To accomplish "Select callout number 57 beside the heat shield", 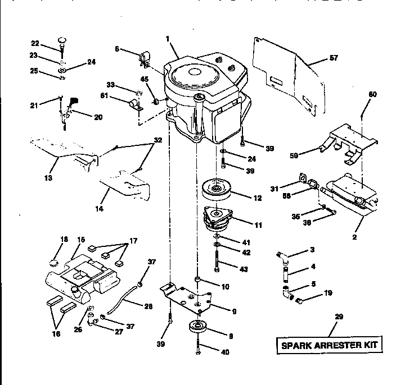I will click(318, 58).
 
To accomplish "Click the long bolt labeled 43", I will click(217, 260).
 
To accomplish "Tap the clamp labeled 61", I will click(134, 105).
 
